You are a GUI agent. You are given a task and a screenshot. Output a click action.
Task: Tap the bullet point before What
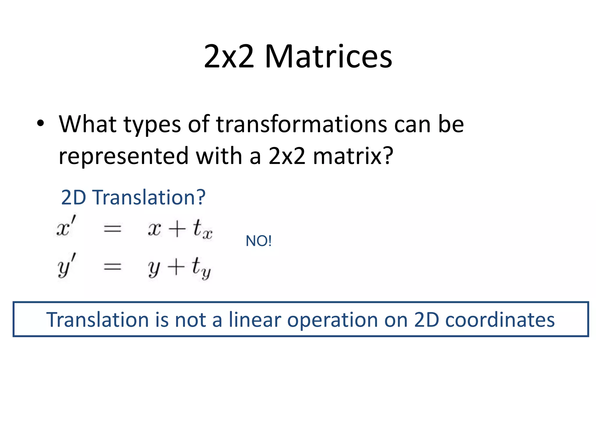click(x=41, y=123)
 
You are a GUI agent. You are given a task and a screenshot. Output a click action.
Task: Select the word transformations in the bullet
click(x=301, y=124)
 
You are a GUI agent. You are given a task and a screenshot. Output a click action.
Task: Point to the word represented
click(x=124, y=156)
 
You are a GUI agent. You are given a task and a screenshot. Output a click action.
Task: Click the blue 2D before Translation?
click(x=74, y=198)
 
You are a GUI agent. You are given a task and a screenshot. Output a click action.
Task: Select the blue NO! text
click(x=258, y=241)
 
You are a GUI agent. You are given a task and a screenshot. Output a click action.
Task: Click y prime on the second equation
click(x=67, y=265)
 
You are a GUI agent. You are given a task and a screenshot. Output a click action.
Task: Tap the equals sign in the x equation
click(x=113, y=229)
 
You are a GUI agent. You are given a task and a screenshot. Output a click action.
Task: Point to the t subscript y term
click(x=201, y=267)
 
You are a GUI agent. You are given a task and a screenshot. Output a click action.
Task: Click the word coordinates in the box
click(x=500, y=320)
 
